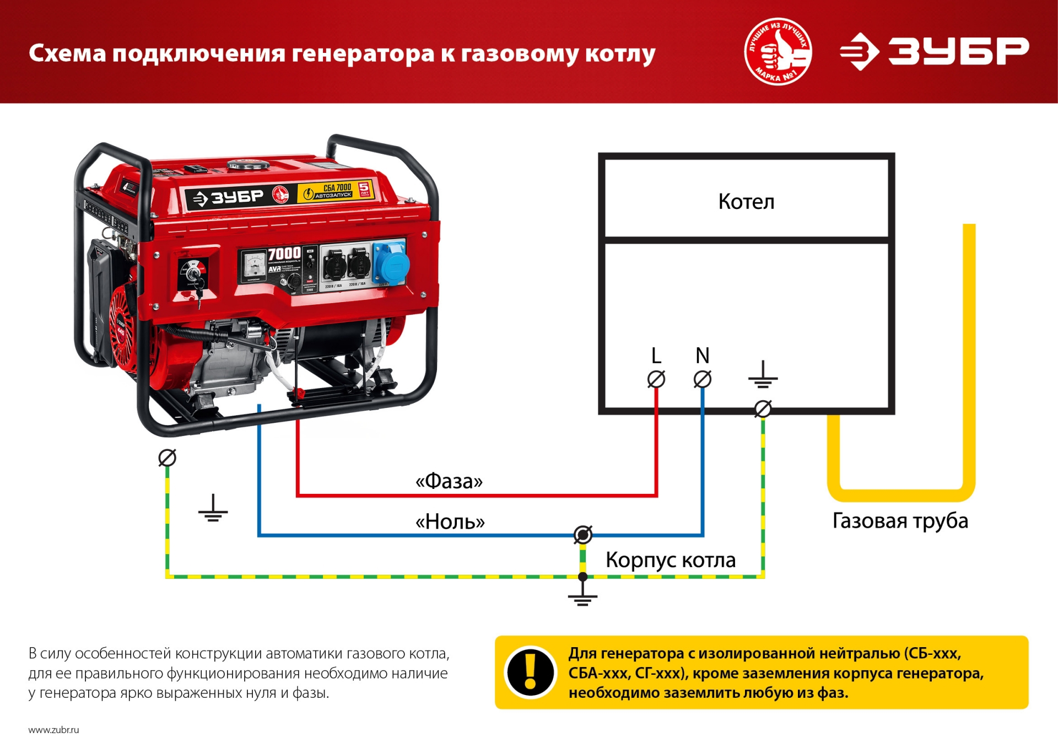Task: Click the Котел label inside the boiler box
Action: [x=746, y=202]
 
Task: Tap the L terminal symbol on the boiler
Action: [x=656, y=379]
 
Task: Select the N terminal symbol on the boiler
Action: [x=702, y=379]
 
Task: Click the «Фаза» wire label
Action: [x=449, y=481]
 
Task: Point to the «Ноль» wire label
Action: [x=450, y=521]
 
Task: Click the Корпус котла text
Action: [x=671, y=560]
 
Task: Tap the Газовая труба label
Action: [x=900, y=521]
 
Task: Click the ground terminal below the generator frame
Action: [x=167, y=458]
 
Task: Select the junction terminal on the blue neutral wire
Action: [x=582, y=534]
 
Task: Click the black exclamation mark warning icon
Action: [x=530, y=672]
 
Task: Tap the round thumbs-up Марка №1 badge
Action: [x=778, y=51]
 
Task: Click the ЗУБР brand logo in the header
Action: [x=934, y=52]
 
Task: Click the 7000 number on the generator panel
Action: [x=284, y=254]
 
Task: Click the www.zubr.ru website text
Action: [x=53, y=730]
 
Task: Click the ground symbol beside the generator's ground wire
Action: [x=213, y=508]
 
